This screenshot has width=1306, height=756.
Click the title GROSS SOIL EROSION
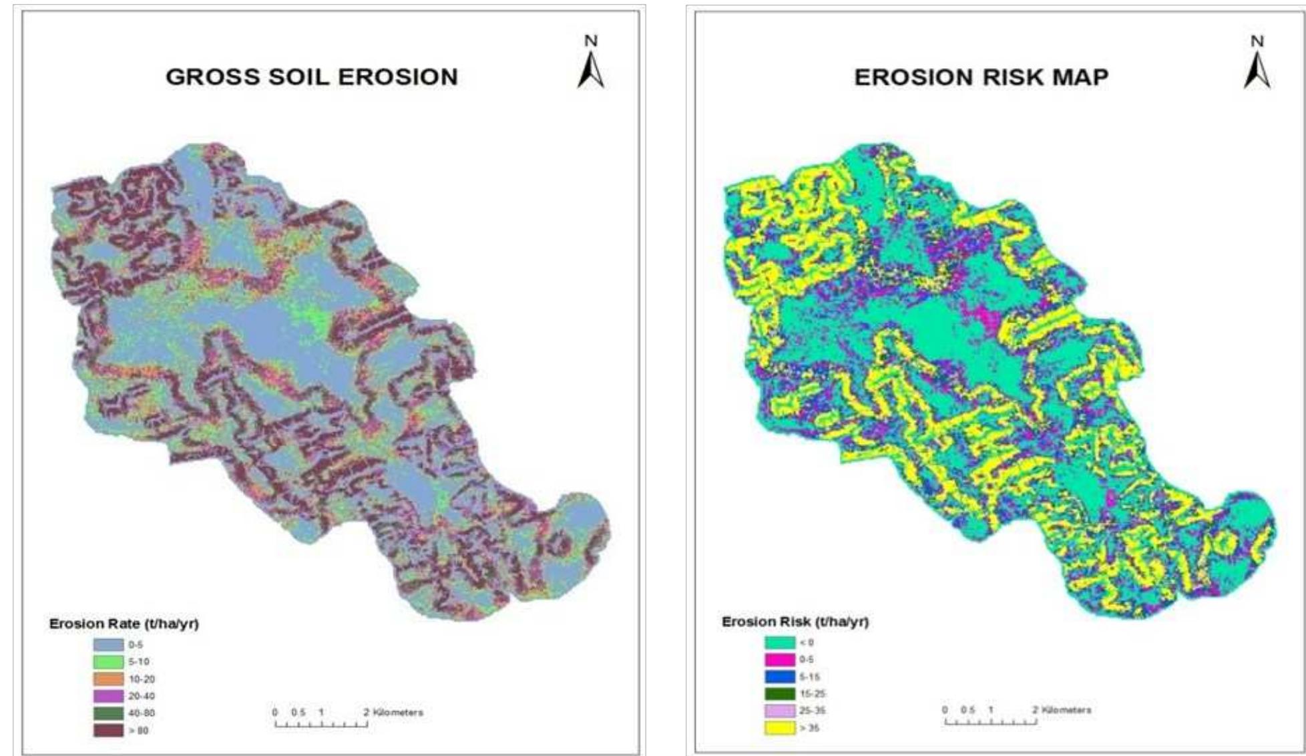coord(312,77)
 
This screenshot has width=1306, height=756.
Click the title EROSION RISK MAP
coord(981,77)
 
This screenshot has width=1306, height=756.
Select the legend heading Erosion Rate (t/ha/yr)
coord(124,624)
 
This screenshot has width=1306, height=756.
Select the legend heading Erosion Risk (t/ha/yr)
coord(795,622)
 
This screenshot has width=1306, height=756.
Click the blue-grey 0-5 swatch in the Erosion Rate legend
coord(108,645)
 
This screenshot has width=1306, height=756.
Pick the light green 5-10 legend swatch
coord(108,662)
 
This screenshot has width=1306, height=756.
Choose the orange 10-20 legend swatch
coord(108,679)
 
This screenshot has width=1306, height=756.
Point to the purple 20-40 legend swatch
coord(108,696)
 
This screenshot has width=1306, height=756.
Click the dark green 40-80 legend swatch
coord(108,713)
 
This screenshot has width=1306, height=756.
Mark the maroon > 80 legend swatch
coord(108,731)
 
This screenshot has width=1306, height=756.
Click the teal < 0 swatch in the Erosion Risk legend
coord(780,642)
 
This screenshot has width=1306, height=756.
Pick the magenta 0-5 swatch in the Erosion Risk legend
coord(780,660)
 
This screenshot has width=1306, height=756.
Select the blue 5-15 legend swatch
coord(780,677)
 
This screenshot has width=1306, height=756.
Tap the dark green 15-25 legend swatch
coord(780,694)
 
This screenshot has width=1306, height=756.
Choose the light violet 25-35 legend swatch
coord(780,711)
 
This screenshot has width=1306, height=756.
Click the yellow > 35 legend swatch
coord(780,728)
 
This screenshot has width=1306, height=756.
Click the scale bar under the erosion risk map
coord(990,721)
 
